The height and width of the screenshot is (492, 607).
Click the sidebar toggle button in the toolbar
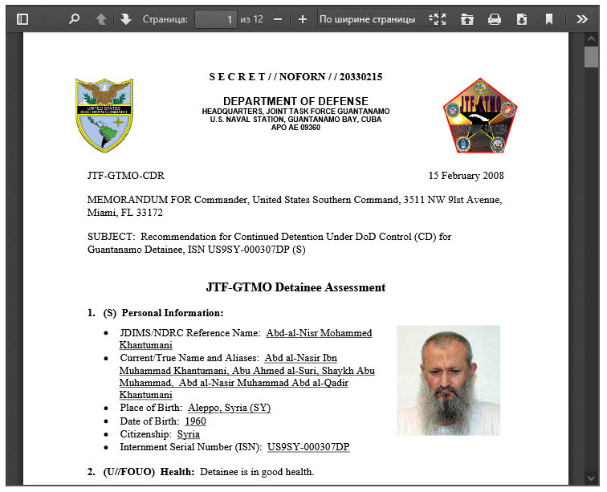tap(22, 19)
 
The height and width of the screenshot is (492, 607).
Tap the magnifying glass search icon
tap(75, 19)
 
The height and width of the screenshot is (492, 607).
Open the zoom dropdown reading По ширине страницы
tap(373, 19)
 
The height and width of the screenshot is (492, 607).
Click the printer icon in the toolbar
tap(495, 19)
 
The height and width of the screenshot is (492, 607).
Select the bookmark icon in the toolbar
tap(549, 19)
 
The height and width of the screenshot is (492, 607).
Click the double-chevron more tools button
tap(582, 19)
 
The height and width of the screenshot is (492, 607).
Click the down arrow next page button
tap(126, 19)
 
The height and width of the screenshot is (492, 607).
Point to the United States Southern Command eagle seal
tap(104, 116)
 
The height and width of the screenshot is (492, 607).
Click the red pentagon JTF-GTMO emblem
tap(480, 116)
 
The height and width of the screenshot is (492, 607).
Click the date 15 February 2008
tap(466, 176)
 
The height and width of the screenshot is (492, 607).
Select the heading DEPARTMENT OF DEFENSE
tap(295, 101)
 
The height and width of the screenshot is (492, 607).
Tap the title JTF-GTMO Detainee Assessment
tap(295, 287)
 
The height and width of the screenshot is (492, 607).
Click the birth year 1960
tap(195, 421)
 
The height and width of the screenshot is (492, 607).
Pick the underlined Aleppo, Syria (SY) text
tap(229, 409)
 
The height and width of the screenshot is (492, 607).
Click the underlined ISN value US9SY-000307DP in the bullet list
tap(308, 447)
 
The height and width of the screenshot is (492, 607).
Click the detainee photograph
tap(448, 380)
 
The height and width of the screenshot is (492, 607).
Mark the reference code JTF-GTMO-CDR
tap(126, 176)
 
